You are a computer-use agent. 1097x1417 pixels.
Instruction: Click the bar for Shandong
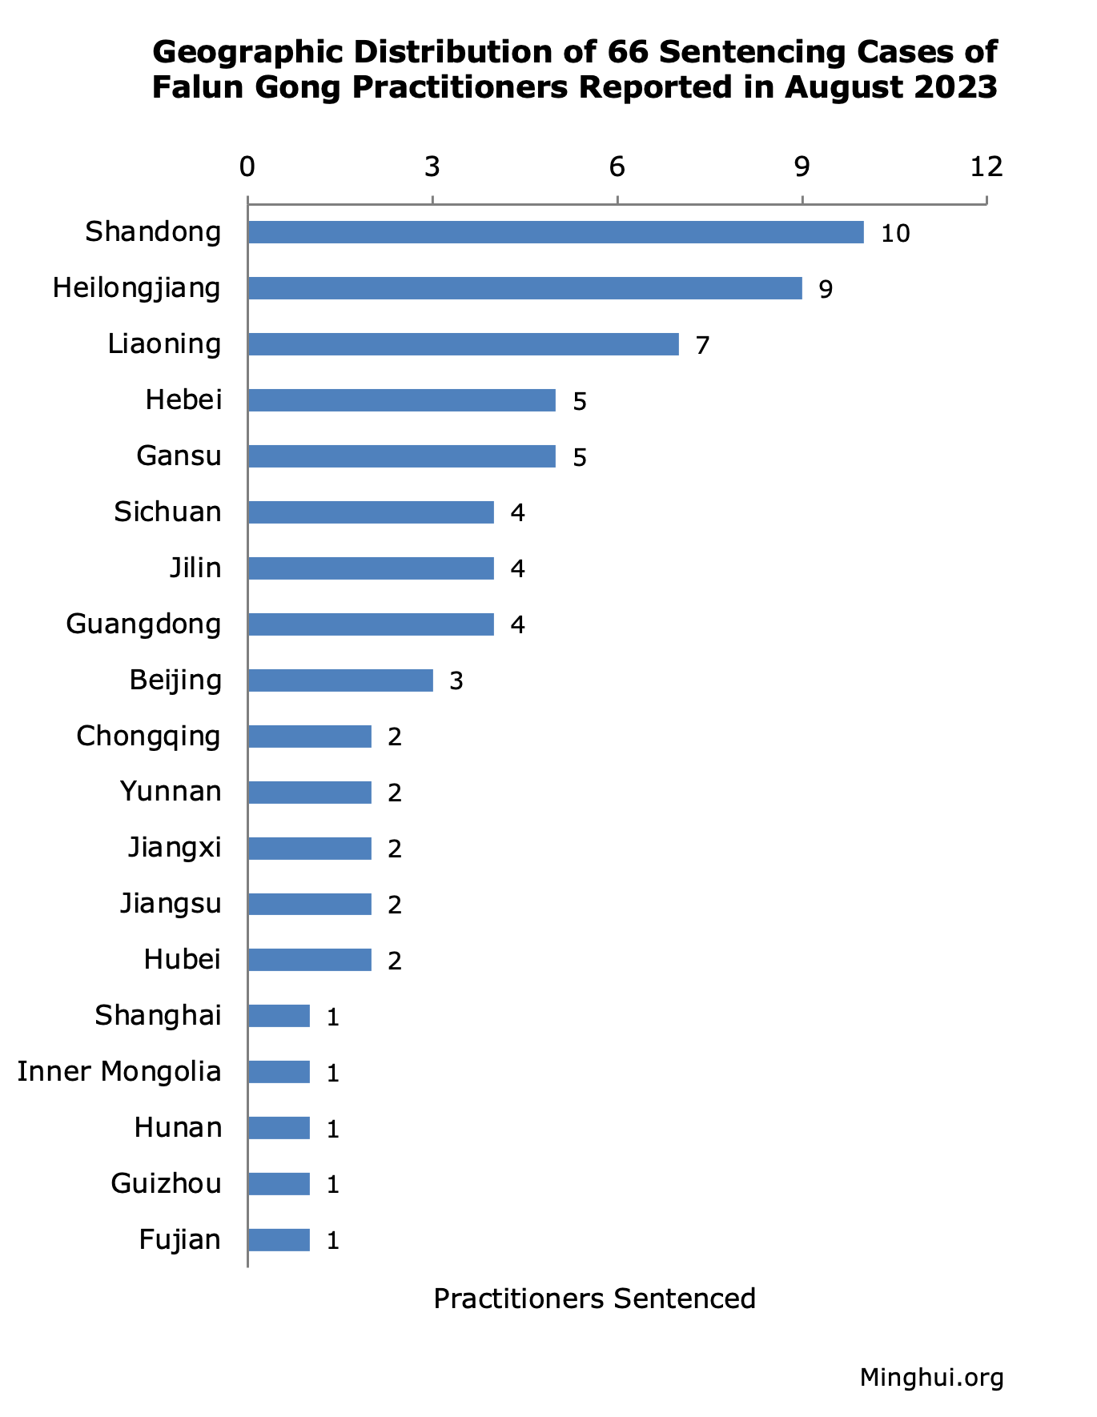pyautogui.click(x=556, y=232)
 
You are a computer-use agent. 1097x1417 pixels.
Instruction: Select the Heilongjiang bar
pyautogui.click(x=524, y=288)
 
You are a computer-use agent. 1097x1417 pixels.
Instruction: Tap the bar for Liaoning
pyautogui.click(x=463, y=344)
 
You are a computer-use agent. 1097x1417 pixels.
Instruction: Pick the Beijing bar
pyautogui.click(x=340, y=680)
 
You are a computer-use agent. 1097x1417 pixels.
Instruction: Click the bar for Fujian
pyautogui.click(x=279, y=1240)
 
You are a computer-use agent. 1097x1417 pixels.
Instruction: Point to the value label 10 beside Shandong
pyautogui.click(x=895, y=234)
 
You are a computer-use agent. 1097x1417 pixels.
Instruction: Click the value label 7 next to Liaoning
pyautogui.click(x=702, y=346)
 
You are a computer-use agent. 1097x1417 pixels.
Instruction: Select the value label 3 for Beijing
pyautogui.click(x=456, y=681)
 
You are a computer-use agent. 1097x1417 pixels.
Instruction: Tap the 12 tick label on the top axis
pyautogui.click(x=986, y=167)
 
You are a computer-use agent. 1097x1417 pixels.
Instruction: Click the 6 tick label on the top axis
pyautogui.click(x=617, y=167)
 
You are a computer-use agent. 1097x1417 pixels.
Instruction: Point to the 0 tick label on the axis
pyautogui.click(x=247, y=167)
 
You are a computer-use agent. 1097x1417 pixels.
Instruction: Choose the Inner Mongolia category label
pyautogui.click(x=119, y=1071)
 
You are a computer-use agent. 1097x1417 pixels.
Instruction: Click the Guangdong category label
pyautogui.click(x=143, y=624)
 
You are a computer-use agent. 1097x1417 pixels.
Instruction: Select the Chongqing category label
pyautogui.click(x=148, y=736)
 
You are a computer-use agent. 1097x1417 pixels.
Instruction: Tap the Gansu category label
pyautogui.click(x=179, y=456)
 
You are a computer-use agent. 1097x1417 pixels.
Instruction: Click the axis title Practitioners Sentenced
pyautogui.click(x=594, y=1298)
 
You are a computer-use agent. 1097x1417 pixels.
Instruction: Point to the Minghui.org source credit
pyautogui.click(x=931, y=1378)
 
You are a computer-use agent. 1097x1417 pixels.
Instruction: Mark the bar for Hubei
pyautogui.click(x=310, y=960)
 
